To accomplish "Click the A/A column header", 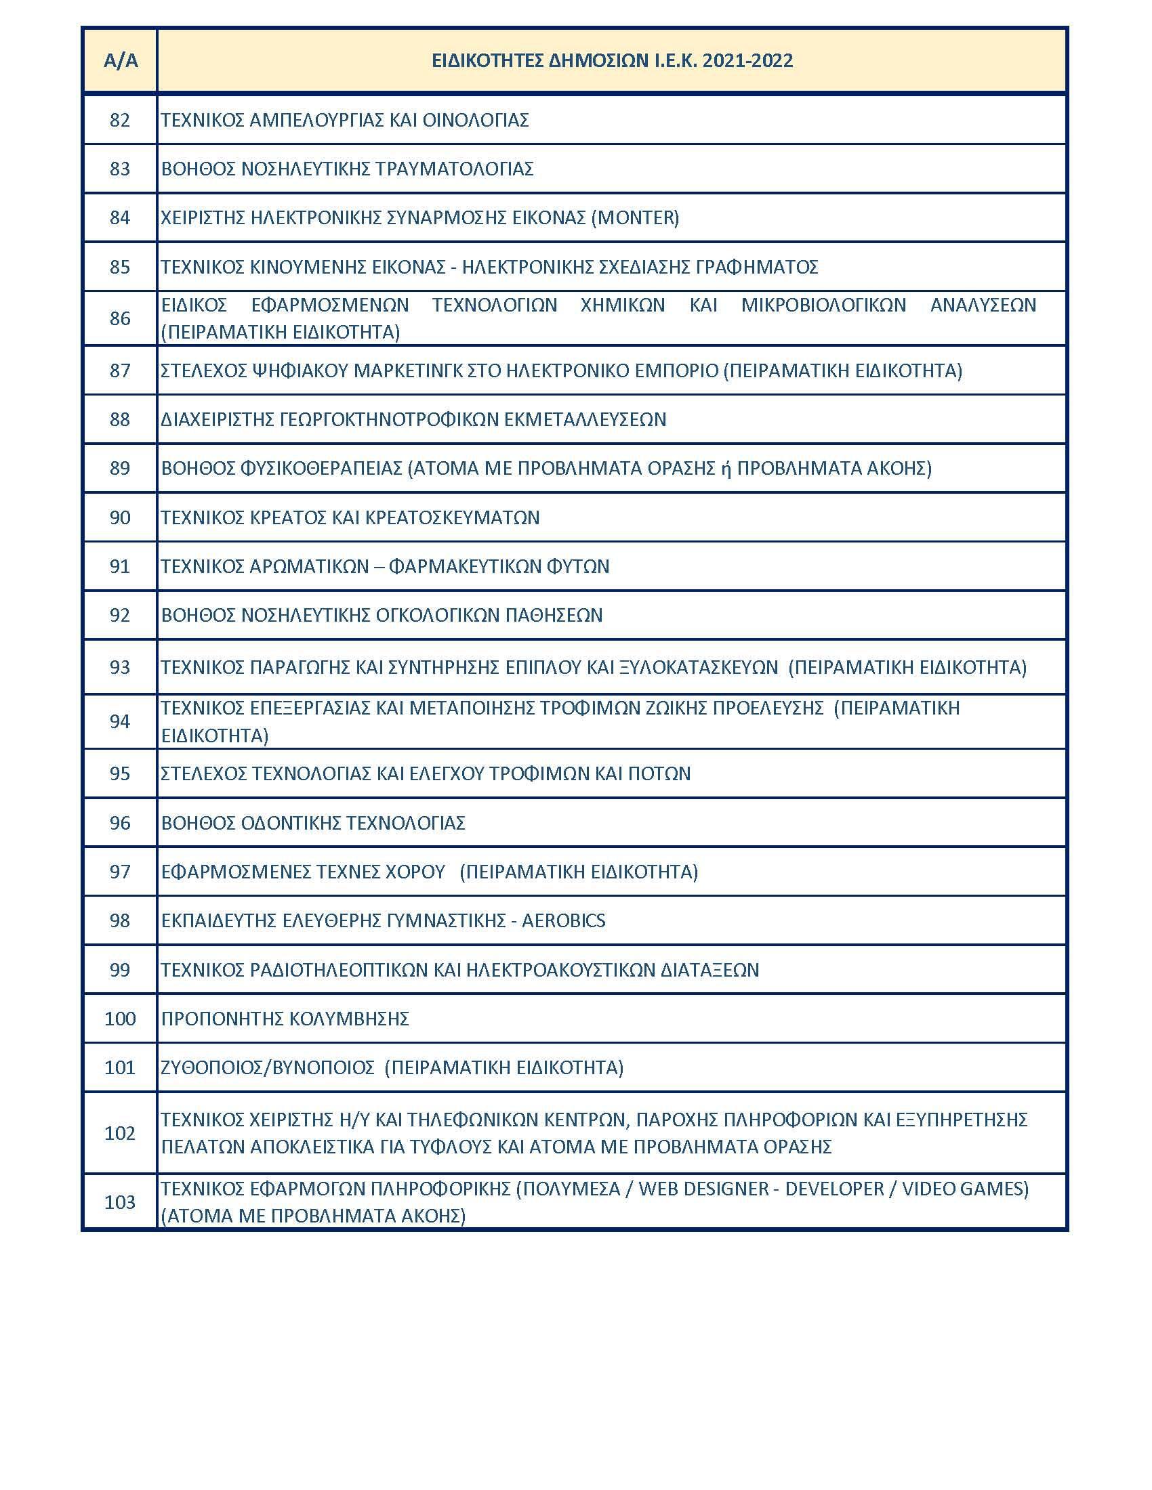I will tap(120, 61).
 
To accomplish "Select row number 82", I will tap(120, 120).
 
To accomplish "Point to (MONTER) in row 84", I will tap(635, 217).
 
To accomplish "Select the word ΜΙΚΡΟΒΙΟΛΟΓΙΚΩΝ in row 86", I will tap(824, 304).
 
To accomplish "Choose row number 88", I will tap(120, 419).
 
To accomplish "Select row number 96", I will tap(120, 822).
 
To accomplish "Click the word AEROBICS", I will tap(564, 920).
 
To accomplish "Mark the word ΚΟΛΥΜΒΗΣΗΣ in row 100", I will tap(349, 1019).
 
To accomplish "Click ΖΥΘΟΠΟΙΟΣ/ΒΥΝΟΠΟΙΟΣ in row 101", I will tap(268, 1067).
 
